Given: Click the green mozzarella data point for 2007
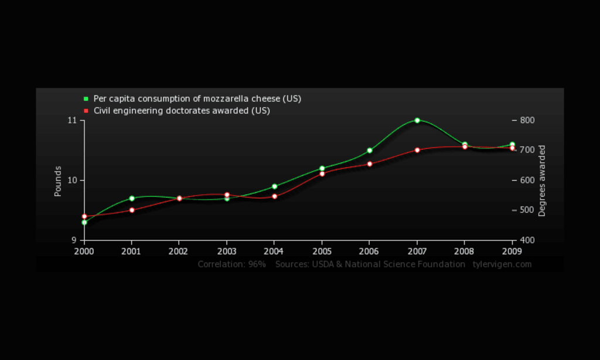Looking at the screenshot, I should pyautogui.click(x=417, y=120).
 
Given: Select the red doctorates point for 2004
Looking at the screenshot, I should pyautogui.click(x=274, y=196).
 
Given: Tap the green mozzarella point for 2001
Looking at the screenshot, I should pyautogui.click(x=132, y=198).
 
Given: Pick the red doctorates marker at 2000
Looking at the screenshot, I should pyautogui.click(x=84, y=216).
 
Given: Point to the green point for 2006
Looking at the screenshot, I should pyautogui.click(x=370, y=151).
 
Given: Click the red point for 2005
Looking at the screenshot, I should pyautogui.click(x=322, y=174).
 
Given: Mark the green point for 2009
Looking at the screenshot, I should pyautogui.click(x=512, y=144).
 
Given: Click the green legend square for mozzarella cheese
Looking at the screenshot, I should pyautogui.click(x=86, y=99).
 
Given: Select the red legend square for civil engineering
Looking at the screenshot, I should pyautogui.click(x=86, y=110).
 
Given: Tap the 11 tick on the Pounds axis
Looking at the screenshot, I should pyautogui.click(x=73, y=120).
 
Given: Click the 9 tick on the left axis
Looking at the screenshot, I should pyautogui.click(x=74, y=240).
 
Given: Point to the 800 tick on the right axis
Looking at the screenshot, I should pyautogui.click(x=527, y=120).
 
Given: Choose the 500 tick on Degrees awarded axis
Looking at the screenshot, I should pyautogui.click(x=527, y=210).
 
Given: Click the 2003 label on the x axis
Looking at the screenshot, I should pyautogui.click(x=226, y=251).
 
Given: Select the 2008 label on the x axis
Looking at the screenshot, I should pyautogui.click(x=465, y=251).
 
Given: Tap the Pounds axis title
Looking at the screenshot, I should pyautogui.click(x=58, y=181).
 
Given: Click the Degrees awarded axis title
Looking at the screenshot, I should pyautogui.click(x=542, y=181).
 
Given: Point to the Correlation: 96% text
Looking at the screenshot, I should pyautogui.click(x=231, y=264).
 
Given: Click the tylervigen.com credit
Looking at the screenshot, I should pyautogui.click(x=502, y=264).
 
